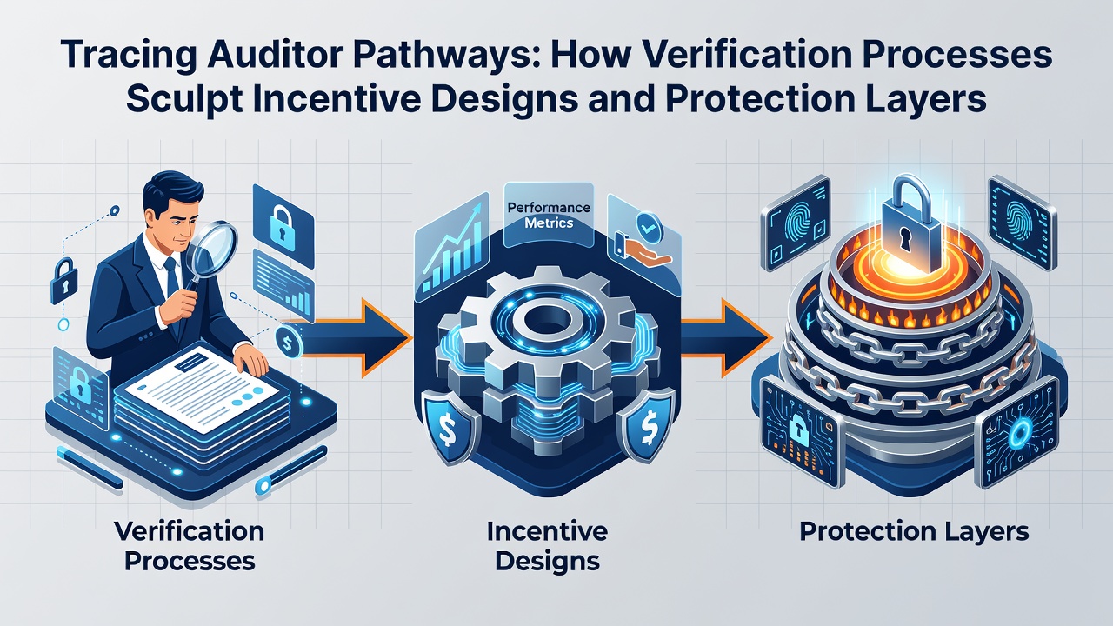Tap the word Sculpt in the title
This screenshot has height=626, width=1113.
point(184,99)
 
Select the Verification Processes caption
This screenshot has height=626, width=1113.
point(190,546)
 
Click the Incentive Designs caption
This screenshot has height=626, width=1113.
point(547,546)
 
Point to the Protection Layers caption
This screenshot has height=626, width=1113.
point(914,531)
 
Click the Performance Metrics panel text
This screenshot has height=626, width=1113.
point(549,215)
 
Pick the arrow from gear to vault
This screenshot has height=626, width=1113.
point(726,338)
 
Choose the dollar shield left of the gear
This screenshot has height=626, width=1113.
point(450,427)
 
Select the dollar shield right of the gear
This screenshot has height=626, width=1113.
point(648,425)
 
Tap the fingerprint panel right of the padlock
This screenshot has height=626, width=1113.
point(1022,223)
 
